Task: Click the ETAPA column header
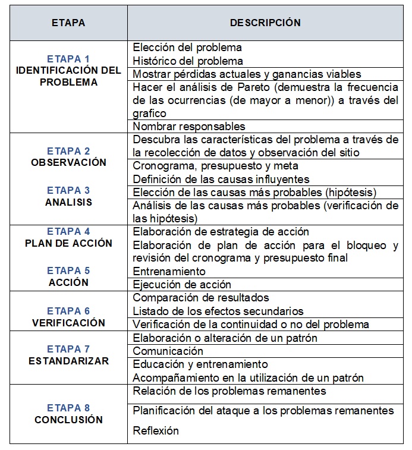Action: pos(68,23)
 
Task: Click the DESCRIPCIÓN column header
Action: pos(265,23)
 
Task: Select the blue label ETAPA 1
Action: pos(68,59)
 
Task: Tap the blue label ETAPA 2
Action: pos(68,151)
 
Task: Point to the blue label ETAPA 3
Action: pos(68,190)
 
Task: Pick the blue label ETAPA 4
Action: pos(68,231)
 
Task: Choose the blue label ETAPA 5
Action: pos(68,270)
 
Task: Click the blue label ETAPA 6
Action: pos(68,311)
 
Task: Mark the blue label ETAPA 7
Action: pos(68,349)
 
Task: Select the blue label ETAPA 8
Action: pos(68,408)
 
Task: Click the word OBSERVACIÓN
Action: pos(68,162)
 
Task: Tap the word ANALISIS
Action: pos(68,202)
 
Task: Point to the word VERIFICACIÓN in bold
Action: pos(68,323)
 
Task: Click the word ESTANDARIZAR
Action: pos(68,361)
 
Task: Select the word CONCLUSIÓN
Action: pos(68,420)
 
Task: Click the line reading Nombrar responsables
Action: pos(189,127)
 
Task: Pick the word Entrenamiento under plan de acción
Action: pos(169,271)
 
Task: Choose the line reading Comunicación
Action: pos(168,351)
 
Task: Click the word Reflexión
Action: pos(156,431)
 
